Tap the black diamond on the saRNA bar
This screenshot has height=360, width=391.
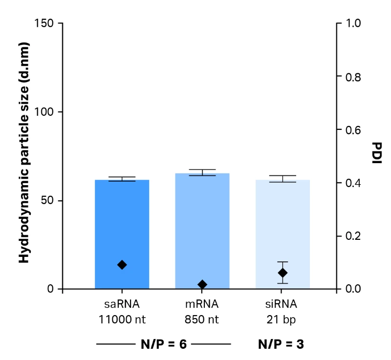click(x=122, y=265)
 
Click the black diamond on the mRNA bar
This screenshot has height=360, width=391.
click(x=202, y=285)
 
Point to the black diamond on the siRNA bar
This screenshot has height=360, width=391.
click(x=282, y=273)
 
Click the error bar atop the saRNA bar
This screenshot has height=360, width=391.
click(x=122, y=179)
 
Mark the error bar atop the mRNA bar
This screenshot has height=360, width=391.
click(x=202, y=172)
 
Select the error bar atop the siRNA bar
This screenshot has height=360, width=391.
click(x=282, y=178)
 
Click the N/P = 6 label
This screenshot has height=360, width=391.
click(x=163, y=344)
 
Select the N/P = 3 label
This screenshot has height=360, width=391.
click(x=281, y=344)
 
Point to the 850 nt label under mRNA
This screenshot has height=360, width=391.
click(x=202, y=320)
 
